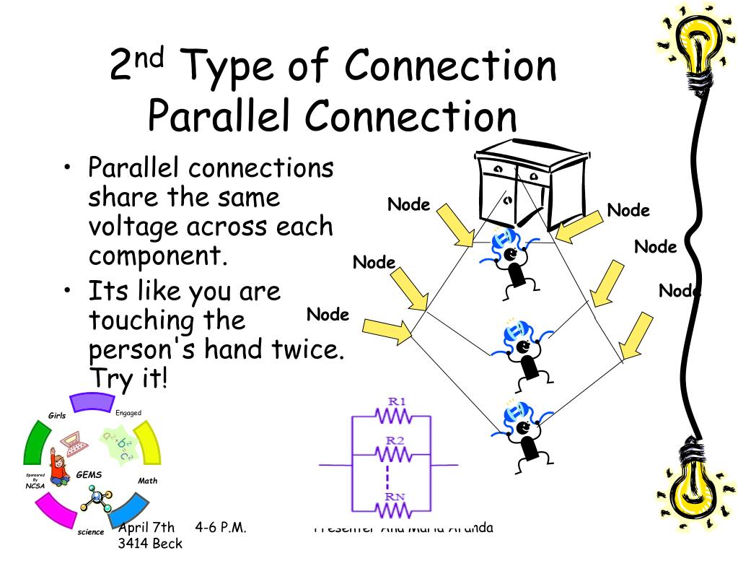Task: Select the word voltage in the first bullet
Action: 133,227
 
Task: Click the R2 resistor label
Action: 395,440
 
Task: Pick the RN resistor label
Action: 395,496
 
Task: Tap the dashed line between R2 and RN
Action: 389,476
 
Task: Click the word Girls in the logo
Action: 57,415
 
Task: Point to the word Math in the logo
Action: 148,481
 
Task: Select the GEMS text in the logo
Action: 89,475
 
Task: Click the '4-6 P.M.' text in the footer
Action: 221,527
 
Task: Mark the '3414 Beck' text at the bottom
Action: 150,543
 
